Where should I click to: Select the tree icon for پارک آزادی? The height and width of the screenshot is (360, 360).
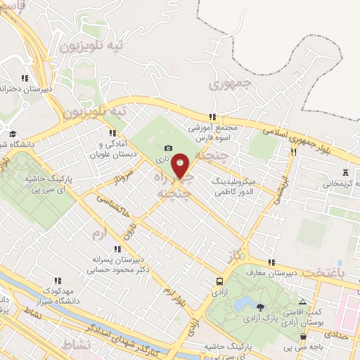coord(262,307)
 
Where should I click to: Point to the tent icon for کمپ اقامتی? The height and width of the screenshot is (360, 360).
coord(302,300)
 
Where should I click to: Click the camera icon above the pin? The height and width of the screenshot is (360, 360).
coord(168,148)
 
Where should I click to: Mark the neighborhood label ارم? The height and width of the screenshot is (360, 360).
coord(98,233)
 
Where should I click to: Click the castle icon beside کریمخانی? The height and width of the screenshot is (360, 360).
coord(345,172)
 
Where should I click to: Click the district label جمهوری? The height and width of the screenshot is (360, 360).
coord(226,86)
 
